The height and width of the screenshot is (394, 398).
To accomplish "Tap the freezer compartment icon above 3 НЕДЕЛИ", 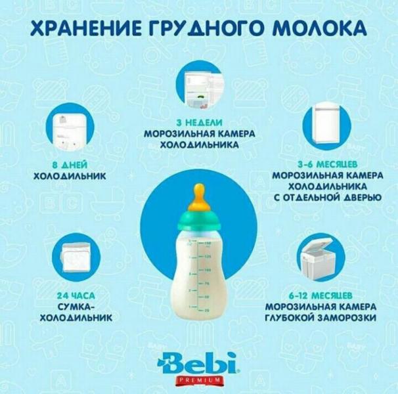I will (x=200, y=87).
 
